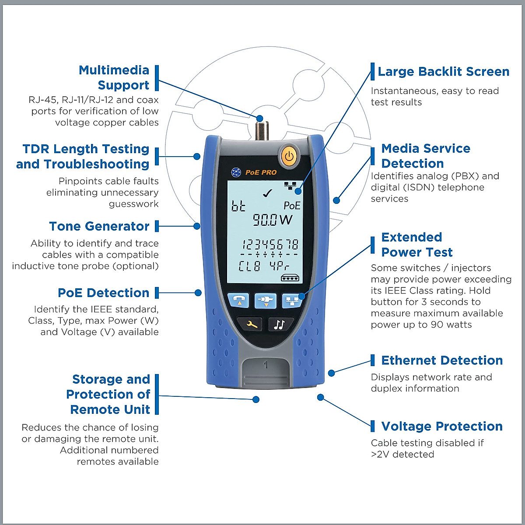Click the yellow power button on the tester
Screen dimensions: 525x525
pyautogui.click(x=288, y=156)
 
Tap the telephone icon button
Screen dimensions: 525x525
pyautogui.click(x=238, y=300)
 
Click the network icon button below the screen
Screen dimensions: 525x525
pyautogui.click(x=293, y=300)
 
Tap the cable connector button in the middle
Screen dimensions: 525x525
pyautogui.click(x=266, y=300)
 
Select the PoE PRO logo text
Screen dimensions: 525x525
pyautogui.click(x=261, y=172)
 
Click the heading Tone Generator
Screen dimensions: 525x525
pyautogui.click(x=99, y=226)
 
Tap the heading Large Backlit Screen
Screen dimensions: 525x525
pyautogui.click(x=443, y=72)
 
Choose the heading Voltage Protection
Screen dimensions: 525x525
pyautogui.click(x=441, y=426)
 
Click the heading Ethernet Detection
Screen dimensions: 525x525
pyautogui.click(x=441, y=360)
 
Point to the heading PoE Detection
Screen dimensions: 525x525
pyautogui.click(x=103, y=293)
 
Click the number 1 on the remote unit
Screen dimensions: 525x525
pyautogui.click(x=266, y=364)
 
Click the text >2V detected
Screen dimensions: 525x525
pyautogui.click(x=402, y=455)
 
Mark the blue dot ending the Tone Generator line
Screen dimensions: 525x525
pyautogui.click(x=197, y=226)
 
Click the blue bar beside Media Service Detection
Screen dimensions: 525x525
pyautogui.click(x=373, y=156)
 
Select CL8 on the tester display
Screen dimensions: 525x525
pyautogui.click(x=249, y=266)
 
